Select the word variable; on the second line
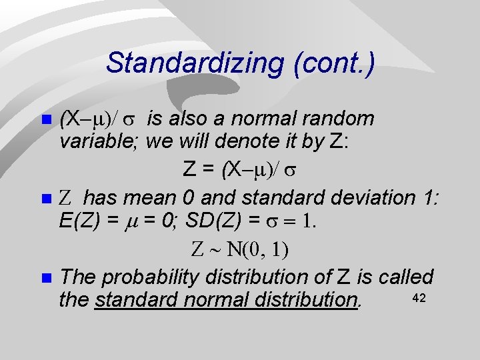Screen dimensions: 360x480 [x=99, y=142]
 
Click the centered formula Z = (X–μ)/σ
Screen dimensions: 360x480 [x=239, y=170]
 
